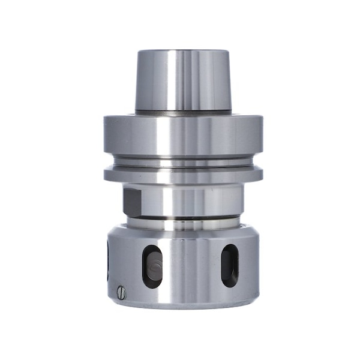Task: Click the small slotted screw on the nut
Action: (122, 292)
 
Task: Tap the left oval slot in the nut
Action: (152, 266)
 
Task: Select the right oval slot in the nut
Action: (230, 265)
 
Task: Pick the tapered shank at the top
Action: (183, 81)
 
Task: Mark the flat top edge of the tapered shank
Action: (183, 51)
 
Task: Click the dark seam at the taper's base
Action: (183, 112)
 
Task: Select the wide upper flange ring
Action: (183, 135)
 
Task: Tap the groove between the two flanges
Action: (183, 162)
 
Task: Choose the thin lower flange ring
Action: (183, 175)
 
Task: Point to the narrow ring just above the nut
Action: (183, 223)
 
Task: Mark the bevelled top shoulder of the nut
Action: (183, 231)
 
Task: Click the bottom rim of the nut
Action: (183, 304)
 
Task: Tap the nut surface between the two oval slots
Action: (191, 267)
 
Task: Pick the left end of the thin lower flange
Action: (108, 175)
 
